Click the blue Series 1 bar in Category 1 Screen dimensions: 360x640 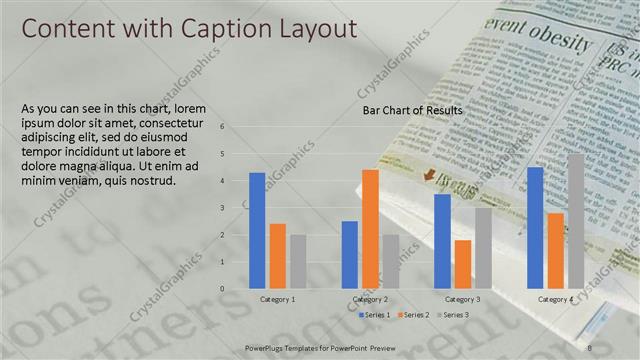[x=257, y=230]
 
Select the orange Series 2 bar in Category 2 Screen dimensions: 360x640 [x=370, y=229]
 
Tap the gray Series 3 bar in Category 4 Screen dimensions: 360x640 [x=575, y=221]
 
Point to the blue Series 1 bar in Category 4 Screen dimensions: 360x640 [x=535, y=227]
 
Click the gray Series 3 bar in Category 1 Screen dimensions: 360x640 [x=298, y=261]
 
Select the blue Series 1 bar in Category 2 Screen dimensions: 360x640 [x=350, y=254]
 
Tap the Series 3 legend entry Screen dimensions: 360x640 [x=451, y=315]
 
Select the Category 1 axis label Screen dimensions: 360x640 [x=277, y=299]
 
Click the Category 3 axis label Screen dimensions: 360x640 [x=462, y=299]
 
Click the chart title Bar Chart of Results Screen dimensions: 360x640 [x=412, y=109]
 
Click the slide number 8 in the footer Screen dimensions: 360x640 [x=592, y=346]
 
